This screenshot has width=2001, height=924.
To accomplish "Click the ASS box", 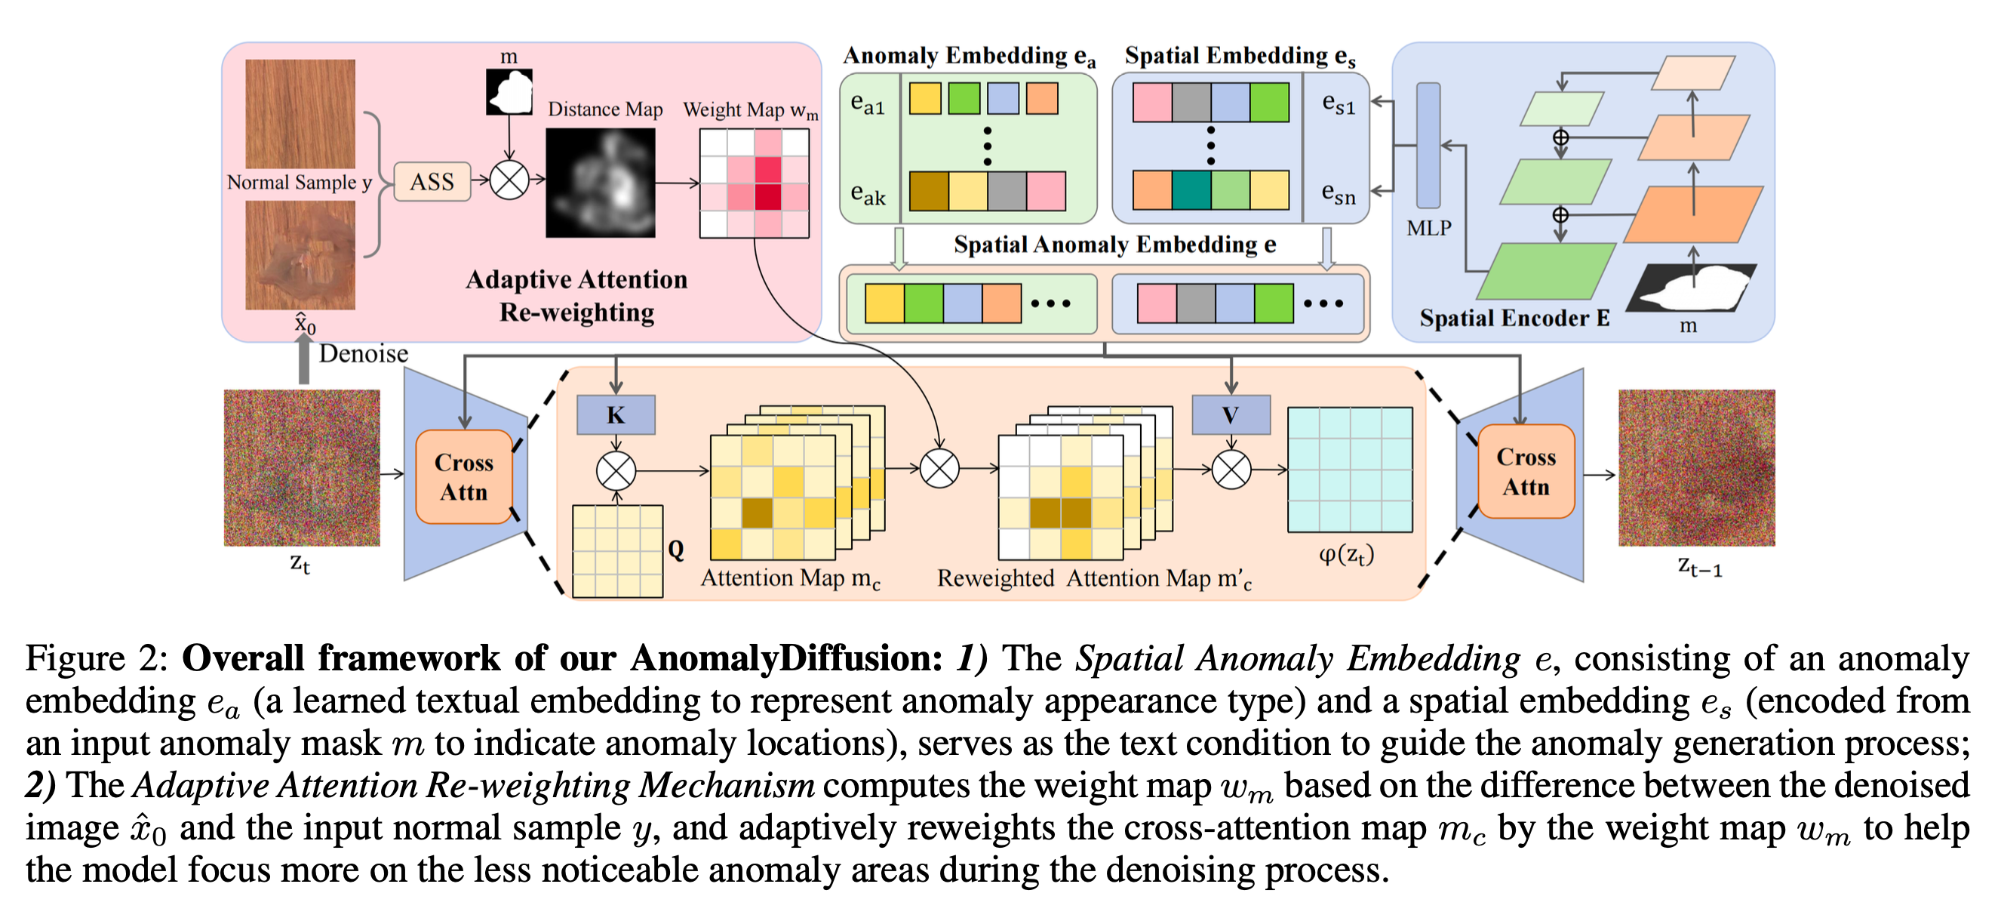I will (432, 182).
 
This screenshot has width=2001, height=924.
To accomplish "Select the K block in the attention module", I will (615, 415).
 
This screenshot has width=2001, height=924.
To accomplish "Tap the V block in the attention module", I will (1231, 415).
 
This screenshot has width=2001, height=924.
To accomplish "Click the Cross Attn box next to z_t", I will (464, 477).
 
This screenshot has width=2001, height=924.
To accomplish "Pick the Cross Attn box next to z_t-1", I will (1526, 472).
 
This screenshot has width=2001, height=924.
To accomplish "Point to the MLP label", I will (1428, 229).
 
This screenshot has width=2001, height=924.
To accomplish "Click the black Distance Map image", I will (601, 183).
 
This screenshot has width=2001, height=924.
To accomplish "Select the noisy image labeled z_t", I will (302, 468).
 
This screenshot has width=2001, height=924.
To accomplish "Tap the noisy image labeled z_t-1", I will (1696, 468).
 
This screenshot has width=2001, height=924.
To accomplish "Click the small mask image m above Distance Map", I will (509, 91).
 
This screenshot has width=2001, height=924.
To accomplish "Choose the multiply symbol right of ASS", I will (509, 180).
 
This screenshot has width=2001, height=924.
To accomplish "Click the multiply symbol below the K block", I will (616, 470).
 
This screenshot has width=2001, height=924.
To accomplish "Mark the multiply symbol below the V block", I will (1231, 470).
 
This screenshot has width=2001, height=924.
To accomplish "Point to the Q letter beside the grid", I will (676, 550).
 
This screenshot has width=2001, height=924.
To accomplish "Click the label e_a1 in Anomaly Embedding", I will (868, 103).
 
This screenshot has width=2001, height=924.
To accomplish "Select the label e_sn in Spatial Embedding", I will (1339, 194).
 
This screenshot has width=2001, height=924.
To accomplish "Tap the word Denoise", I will (364, 353).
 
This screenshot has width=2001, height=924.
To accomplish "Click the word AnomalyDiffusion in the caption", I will (786, 658).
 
